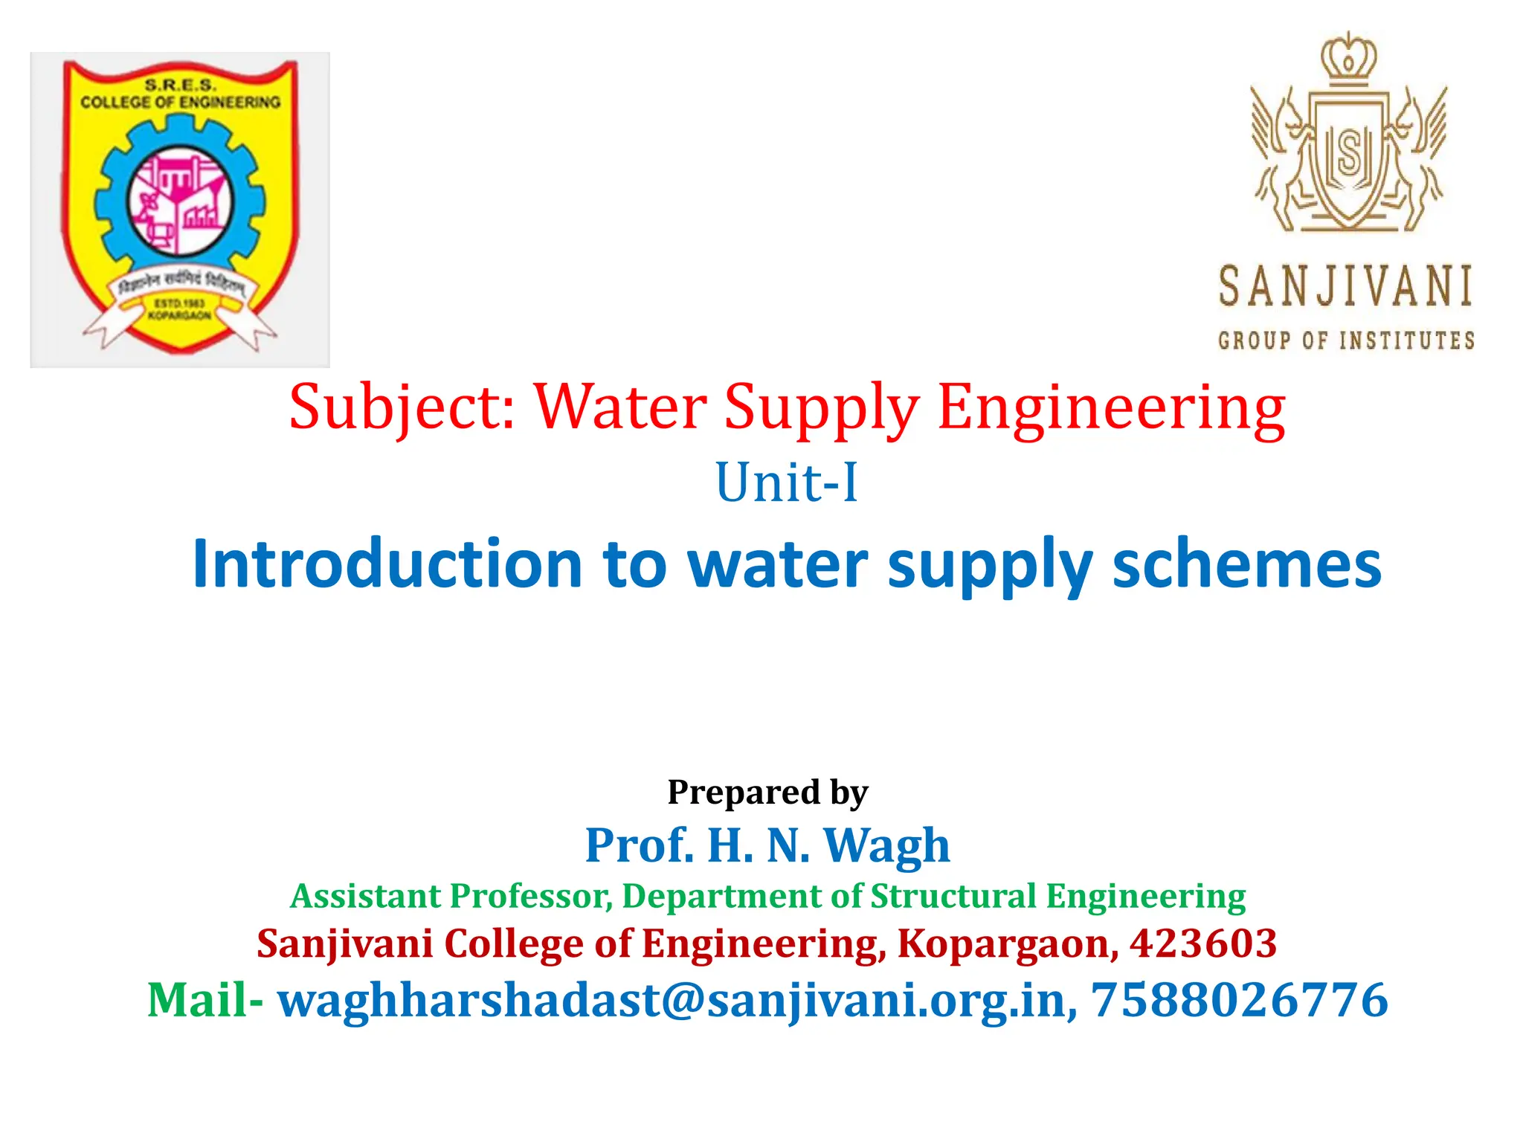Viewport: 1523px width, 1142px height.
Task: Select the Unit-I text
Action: click(x=786, y=483)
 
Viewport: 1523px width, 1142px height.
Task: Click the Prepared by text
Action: click(x=767, y=792)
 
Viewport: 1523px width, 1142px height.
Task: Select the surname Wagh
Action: click(x=887, y=845)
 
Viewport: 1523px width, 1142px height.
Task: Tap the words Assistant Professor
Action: click(x=451, y=896)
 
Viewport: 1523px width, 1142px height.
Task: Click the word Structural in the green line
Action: click(x=953, y=896)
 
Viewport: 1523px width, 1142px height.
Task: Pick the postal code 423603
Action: click(x=1202, y=943)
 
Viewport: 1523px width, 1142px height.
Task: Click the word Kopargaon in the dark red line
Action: click(x=1007, y=943)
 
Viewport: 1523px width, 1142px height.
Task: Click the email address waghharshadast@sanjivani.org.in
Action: click(x=677, y=1000)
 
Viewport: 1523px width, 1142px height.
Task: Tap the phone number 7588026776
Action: click(x=1239, y=1000)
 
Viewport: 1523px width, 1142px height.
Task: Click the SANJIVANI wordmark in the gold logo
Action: click(x=1345, y=287)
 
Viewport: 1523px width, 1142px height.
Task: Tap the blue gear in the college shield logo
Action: click(x=112, y=201)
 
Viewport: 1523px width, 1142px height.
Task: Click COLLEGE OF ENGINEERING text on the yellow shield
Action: click(x=181, y=102)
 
